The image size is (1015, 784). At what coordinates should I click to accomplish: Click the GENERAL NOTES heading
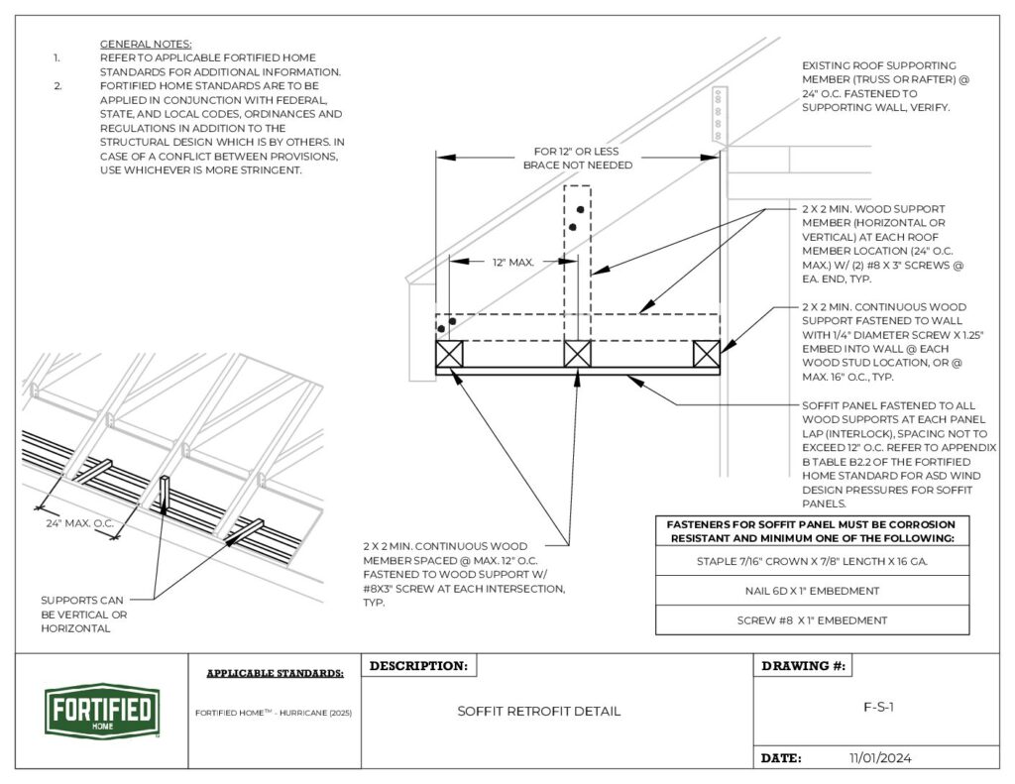pos(146,45)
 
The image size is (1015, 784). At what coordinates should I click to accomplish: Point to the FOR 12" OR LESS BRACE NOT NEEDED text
pos(578,159)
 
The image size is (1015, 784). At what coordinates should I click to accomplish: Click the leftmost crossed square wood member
pos(449,355)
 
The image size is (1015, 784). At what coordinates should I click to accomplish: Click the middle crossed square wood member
pos(577,355)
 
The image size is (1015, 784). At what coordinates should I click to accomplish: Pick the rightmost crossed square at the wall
pos(706,355)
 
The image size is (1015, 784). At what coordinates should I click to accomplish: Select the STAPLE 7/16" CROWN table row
pos(812,561)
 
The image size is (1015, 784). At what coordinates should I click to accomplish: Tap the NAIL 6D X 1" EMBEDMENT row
pos(812,591)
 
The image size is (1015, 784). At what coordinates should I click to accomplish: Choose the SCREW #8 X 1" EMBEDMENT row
pos(812,620)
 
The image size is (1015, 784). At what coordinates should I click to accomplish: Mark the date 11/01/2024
pos(880,758)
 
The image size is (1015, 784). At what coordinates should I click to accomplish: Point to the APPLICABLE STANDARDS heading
pos(275,674)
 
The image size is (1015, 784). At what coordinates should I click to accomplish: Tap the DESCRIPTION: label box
pos(419,666)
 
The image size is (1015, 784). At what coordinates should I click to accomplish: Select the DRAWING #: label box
pos(802,666)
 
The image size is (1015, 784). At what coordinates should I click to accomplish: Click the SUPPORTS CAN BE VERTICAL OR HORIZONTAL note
pos(83,615)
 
